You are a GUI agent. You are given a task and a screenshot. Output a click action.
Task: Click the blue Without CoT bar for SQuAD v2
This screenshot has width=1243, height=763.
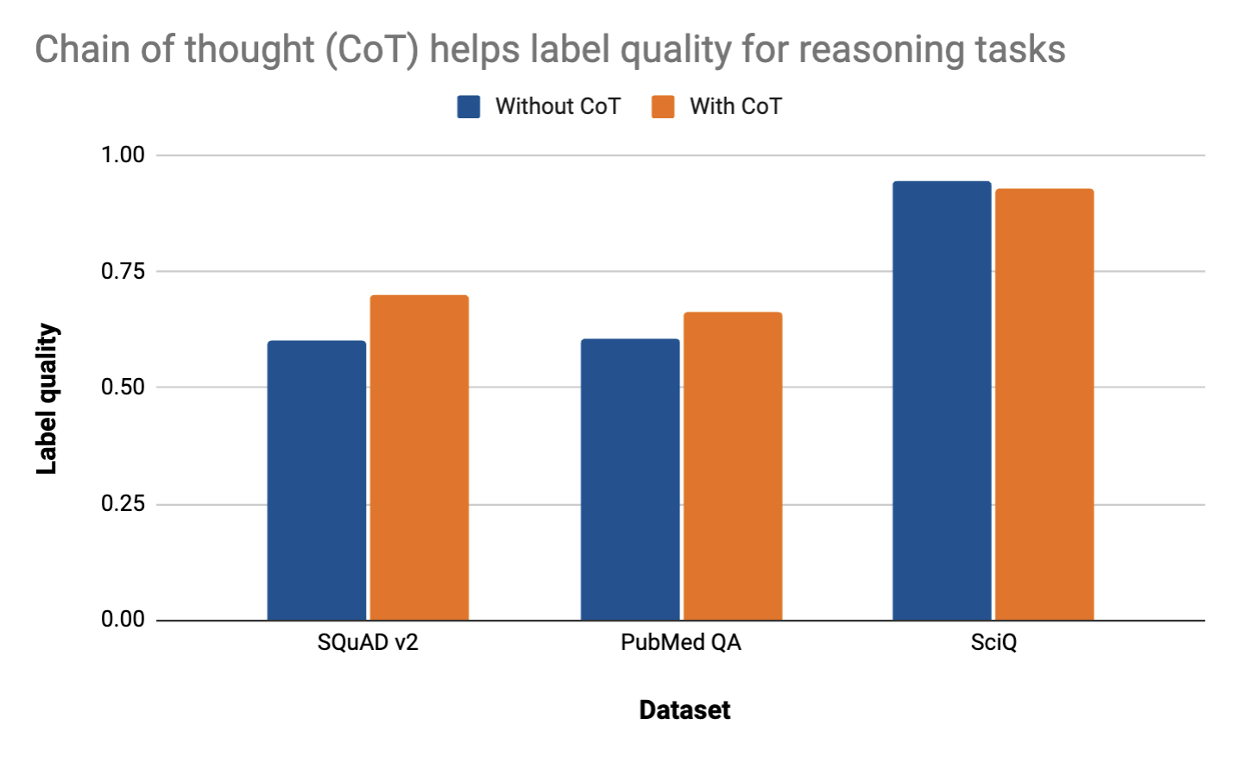[x=317, y=480]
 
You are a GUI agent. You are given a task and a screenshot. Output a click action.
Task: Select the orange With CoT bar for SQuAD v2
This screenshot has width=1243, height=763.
[x=420, y=457]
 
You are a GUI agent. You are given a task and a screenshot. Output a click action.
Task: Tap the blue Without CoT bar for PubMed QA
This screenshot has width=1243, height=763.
[x=630, y=479]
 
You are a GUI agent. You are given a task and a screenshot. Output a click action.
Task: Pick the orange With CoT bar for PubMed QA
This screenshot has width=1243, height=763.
[x=733, y=466]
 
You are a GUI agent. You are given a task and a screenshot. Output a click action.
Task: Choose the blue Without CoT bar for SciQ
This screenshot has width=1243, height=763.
[x=942, y=400]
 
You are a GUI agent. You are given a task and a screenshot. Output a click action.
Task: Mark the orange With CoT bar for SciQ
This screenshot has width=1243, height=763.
[x=1044, y=404]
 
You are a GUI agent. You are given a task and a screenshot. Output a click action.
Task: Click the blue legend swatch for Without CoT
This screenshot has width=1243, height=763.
[x=469, y=107]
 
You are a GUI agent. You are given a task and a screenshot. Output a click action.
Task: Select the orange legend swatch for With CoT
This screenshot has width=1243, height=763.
[x=663, y=107]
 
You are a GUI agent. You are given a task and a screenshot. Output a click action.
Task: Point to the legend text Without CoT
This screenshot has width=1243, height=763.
[x=558, y=106]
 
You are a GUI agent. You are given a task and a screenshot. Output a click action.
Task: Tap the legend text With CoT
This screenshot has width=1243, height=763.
[x=735, y=106]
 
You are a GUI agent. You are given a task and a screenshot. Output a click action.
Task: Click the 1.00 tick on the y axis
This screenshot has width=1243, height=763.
[x=123, y=155]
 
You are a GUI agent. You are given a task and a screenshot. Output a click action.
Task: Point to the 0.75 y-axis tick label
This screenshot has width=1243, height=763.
[x=123, y=271]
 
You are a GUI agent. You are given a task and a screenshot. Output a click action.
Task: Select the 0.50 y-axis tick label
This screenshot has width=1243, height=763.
[x=123, y=388]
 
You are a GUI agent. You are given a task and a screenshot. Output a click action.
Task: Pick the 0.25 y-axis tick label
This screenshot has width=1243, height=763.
[x=123, y=503]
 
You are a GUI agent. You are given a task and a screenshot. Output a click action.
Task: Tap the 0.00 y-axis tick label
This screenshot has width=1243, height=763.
[x=123, y=619]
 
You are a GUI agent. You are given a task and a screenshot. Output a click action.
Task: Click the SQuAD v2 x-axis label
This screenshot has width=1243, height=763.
[x=368, y=643]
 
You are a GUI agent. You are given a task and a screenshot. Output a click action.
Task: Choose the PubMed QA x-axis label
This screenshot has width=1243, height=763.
[x=681, y=643]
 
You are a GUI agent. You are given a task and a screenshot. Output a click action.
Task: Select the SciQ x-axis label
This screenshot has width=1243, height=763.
[x=994, y=643]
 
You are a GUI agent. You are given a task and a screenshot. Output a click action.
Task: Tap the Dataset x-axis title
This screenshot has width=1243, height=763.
[x=685, y=710]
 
